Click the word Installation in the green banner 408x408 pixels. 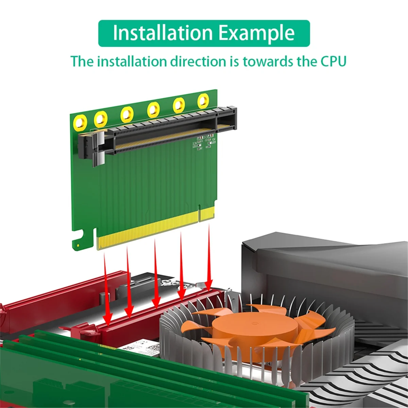tap(163, 33)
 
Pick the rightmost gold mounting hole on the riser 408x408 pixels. tap(204, 100)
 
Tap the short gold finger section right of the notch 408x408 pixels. tap(206, 214)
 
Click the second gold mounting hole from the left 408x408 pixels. tap(101, 119)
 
